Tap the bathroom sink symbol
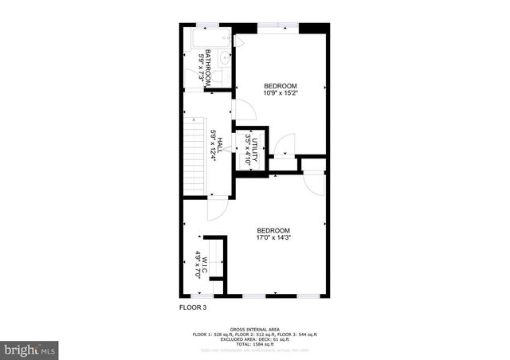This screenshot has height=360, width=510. click(225, 58)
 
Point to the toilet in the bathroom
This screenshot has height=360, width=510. click(225, 76)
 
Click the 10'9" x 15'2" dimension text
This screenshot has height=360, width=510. click(280, 92)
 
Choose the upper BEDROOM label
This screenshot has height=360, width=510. click(280, 85)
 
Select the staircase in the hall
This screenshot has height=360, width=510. click(195, 156)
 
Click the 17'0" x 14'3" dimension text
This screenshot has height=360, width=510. click(273, 237)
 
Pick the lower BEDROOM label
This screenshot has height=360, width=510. click(273, 229)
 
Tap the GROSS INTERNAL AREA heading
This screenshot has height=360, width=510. click(255, 329)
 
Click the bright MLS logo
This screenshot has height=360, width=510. click(29, 349)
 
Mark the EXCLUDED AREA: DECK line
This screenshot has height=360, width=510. click(255, 338)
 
